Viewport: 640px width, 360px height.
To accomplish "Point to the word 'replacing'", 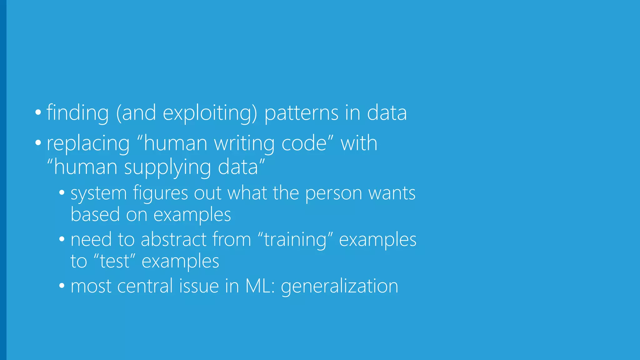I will [88, 143].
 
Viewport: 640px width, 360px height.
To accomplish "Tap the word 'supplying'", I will [167, 167].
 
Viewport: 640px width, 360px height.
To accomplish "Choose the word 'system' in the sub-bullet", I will [98, 193].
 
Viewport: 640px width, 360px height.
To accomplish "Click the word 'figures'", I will [160, 193].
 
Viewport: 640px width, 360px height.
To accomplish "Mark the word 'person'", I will [333, 193].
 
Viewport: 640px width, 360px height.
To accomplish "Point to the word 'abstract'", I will [174, 240].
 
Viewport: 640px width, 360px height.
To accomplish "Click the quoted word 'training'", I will [295, 240].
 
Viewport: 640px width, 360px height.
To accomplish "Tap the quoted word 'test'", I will [114, 261].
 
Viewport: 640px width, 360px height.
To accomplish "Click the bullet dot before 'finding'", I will [38, 112].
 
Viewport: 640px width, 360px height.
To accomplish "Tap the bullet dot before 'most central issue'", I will [62, 286].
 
